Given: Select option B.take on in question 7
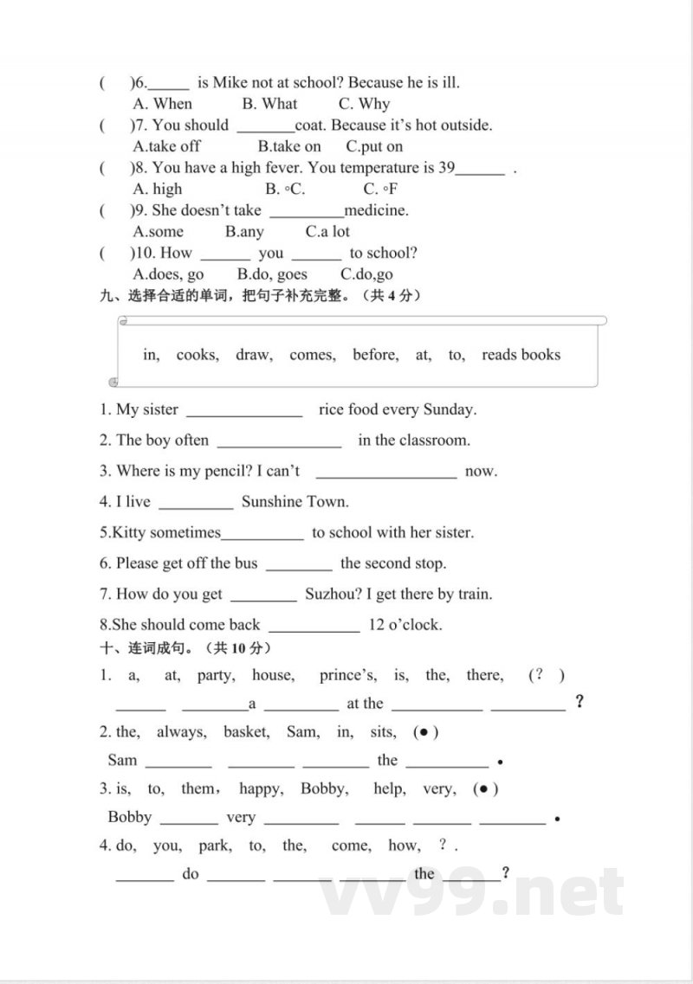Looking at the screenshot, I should pyautogui.click(x=289, y=146).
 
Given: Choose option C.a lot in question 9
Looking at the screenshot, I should pyautogui.click(x=327, y=231).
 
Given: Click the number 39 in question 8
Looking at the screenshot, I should pyautogui.click(x=446, y=168).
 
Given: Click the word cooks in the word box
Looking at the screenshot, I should pyautogui.click(x=198, y=355).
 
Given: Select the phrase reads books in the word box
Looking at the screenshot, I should pyautogui.click(x=521, y=355).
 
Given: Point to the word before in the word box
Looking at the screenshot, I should pyautogui.click(x=376, y=355).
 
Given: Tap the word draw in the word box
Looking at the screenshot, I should pyautogui.click(x=254, y=355).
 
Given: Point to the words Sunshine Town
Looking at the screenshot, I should pyautogui.click(x=295, y=502).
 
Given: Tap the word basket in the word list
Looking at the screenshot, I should pyautogui.click(x=246, y=732).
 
